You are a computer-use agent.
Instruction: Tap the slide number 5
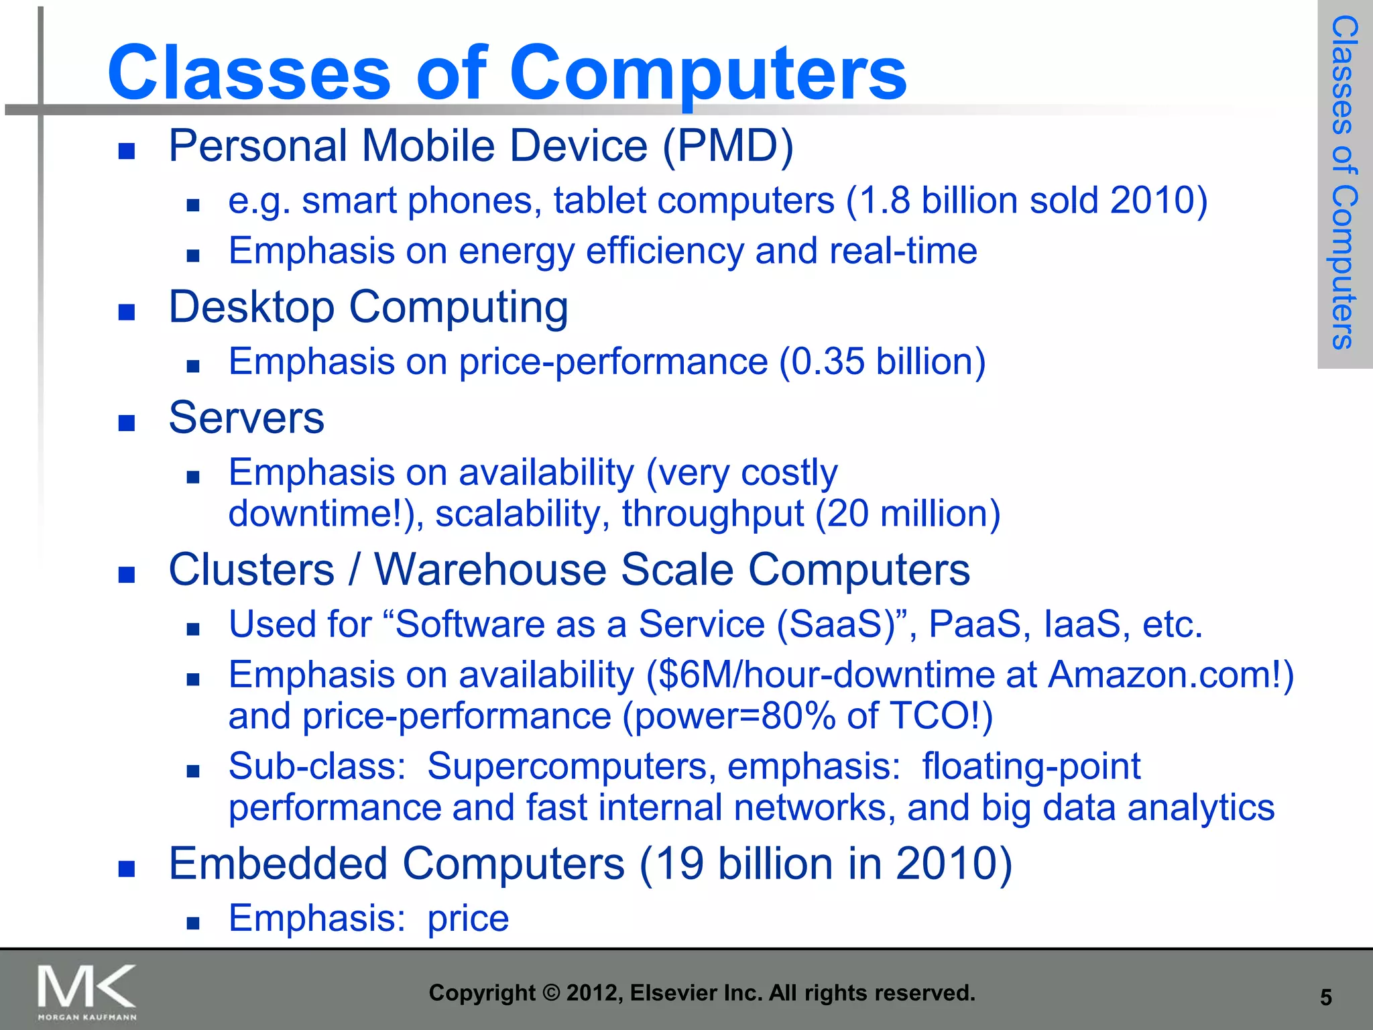point(1325,998)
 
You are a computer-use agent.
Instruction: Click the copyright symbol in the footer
point(550,993)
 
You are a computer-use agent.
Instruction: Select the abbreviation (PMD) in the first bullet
point(728,146)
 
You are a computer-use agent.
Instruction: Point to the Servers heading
point(246,418)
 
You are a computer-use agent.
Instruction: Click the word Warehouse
point(490,570)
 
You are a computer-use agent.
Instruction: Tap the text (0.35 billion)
point(882,362)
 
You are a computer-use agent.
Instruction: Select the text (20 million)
point(908,514)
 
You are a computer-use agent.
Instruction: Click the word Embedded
point(278,864)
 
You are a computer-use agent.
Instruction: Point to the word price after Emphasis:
point(468,919)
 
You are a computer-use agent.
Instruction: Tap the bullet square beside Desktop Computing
point(127,312)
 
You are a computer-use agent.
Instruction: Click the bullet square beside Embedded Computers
point(127,869)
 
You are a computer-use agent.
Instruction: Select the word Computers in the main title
point(708,72)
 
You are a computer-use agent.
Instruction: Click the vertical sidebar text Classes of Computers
point(1344,182)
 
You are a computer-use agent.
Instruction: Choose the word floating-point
point(1031,766)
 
